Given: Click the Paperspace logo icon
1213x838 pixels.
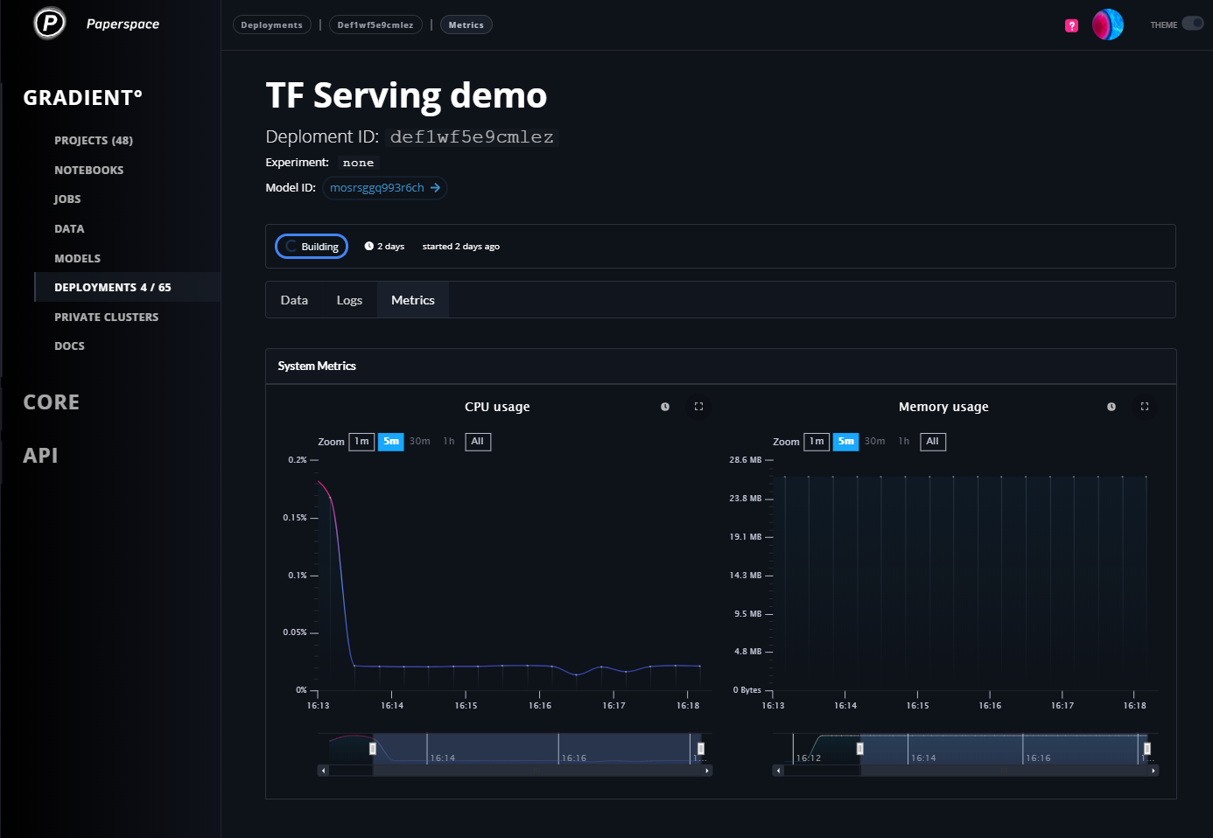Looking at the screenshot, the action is click(x=49, y=23).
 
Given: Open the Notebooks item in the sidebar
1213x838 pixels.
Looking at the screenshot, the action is click(x=88, y=170).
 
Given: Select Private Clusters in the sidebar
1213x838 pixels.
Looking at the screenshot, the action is click(x=106, y=317).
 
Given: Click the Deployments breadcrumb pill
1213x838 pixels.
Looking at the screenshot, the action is click(x=272, y=24).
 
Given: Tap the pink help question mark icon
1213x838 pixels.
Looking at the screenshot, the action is click(x=1071, y=25).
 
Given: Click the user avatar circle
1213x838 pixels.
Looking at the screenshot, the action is click(x=1107, y=24).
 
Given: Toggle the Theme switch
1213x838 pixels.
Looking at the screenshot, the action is click(x=1192, y=24).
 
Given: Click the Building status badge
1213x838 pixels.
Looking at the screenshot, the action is click(x=312, y=247).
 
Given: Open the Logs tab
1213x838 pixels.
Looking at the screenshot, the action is click(x=349, y=300).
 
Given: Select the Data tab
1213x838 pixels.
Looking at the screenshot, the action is click(x=294, y=300).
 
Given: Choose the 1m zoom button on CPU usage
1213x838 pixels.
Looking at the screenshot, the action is click(x=361, y=442).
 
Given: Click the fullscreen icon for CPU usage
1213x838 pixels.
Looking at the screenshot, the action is click(x=698, y=407).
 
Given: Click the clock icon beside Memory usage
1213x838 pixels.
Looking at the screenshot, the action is click(x=1111, y=407).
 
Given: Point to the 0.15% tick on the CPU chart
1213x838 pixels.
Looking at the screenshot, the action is click(x=314, y=518).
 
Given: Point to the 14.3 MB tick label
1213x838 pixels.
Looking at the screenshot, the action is click(x=745, y=575).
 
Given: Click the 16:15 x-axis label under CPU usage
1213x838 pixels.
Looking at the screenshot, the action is click(x=466, y=705).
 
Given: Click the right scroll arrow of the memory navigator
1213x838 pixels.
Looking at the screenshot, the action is click(x=1153, y=771).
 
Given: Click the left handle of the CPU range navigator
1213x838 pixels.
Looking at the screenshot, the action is click(x=373, y=749).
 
